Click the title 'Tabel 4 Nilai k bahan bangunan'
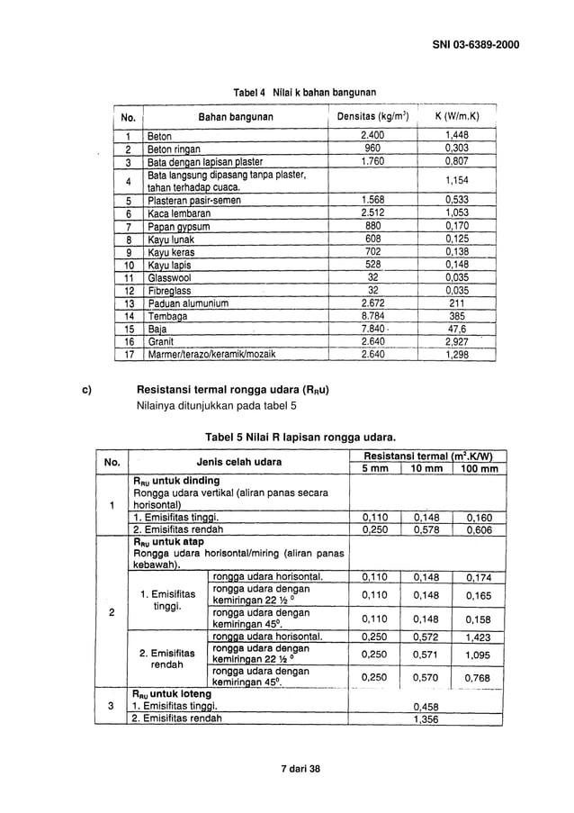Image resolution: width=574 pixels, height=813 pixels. click(x=304, y=93)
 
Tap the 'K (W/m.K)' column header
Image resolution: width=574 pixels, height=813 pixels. click(x=456, y=117)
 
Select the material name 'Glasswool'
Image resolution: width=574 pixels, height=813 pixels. click(x=169, y=279)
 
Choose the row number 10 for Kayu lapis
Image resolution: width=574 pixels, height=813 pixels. click(x=129, y=266)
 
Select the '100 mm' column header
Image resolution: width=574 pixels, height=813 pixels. click(x=476, y=469)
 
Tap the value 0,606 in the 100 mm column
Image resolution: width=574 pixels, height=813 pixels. click(x=476, y=531)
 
